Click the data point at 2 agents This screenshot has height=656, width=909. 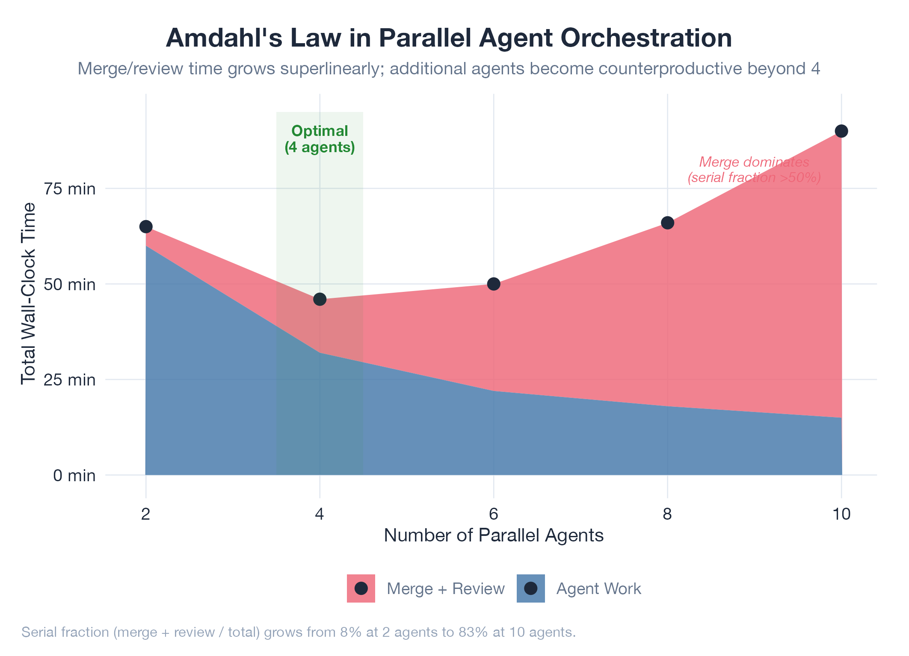[x=146, y=227]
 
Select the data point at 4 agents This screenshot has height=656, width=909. [x=320, y=299]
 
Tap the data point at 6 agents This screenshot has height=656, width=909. [x=494, y=284]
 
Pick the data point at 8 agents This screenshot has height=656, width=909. [x=667, y=223]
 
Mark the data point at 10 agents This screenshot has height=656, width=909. [x=841, y=131]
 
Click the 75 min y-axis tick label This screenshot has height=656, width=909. [x=70, y=188]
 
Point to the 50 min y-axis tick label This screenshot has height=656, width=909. [x=70, y=284]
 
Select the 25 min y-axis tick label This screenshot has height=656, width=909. [x=70, y=379]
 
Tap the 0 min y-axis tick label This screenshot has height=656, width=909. [x=74, y=475]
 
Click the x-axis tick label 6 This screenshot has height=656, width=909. [x=494, y=514]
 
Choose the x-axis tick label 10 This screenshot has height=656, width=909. [x=841, y=514]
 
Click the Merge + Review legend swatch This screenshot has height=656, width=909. [x=361, y=588]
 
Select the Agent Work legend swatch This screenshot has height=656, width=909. [x=531, y=588]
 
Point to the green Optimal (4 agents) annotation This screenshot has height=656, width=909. [x=320, y=139]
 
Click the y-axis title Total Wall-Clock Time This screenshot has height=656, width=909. [x=29, y=294]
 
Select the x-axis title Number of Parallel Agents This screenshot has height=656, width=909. [x=494, y=535]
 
